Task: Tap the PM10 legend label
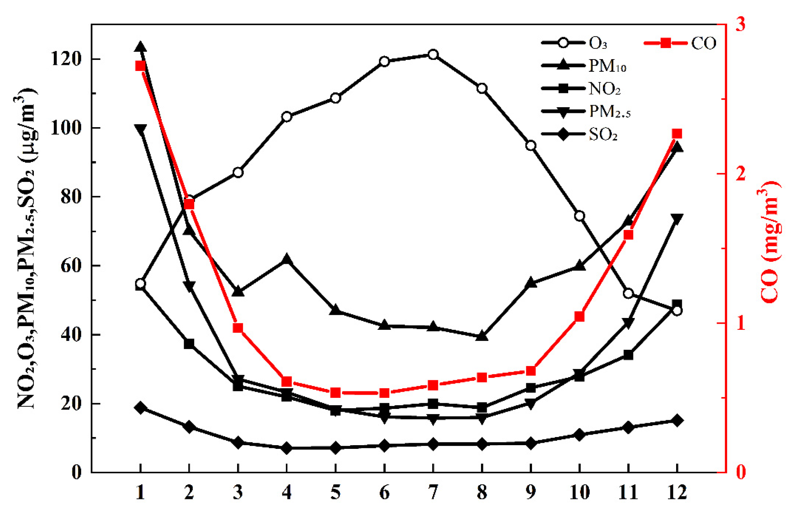(607, 66)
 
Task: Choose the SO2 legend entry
(603, 134)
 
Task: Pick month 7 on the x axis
(433, 493)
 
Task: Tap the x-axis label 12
(677, 493)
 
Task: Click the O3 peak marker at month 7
(433, 55)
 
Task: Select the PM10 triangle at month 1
(141, 47)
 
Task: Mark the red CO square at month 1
(141, 66)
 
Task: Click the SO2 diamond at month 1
(141, 408)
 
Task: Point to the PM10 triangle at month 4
(287, 259)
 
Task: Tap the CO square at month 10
(579, 317)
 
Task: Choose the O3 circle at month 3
(238, 172)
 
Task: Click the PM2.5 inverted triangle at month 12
(677, 219)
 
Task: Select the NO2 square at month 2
(189, 344)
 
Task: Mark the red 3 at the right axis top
(740, 24)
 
